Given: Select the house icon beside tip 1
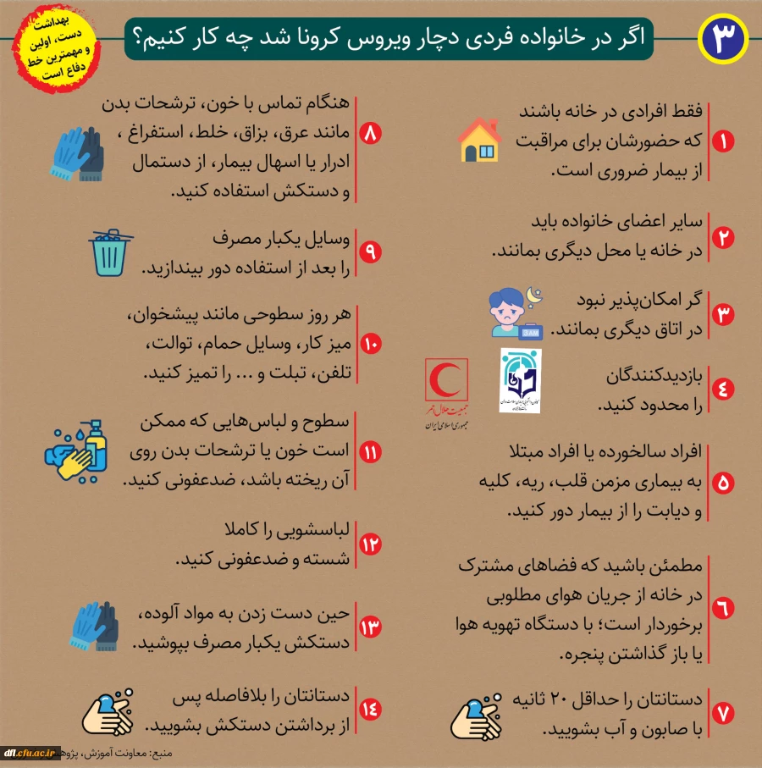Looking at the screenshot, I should click(480, 140).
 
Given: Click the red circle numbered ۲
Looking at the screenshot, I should click(722, 237).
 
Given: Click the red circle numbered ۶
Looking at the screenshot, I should click(722, 607).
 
